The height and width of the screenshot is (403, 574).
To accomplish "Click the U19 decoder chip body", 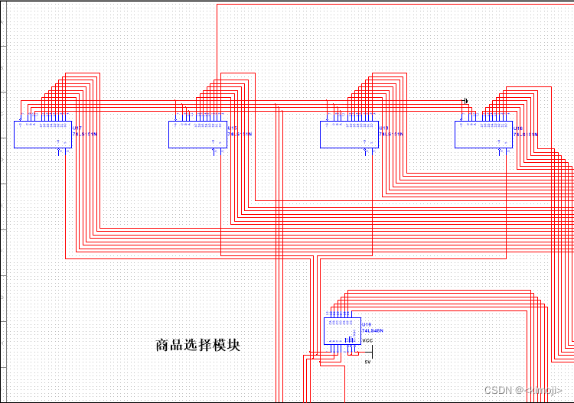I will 341,332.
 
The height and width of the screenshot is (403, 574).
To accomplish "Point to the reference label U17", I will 77,128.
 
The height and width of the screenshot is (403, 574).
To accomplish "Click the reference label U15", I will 233,128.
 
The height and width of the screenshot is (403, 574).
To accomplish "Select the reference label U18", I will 384,128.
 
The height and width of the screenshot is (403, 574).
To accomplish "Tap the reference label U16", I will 518,128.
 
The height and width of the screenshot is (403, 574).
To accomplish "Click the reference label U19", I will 366,324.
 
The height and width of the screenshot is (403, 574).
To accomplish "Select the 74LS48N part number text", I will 373,330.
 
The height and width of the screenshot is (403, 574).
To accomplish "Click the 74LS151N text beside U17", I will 84,134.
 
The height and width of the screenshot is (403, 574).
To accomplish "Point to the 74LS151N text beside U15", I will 240,134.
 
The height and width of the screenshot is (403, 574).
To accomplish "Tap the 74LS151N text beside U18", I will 391,134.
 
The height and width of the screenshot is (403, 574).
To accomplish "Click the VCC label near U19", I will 367,340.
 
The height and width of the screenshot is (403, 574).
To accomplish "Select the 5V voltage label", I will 367,361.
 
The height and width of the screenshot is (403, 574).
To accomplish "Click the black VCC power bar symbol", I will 364,353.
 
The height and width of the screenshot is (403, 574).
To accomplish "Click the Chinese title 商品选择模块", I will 197,345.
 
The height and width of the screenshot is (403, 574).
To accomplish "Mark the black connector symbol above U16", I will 465,101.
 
